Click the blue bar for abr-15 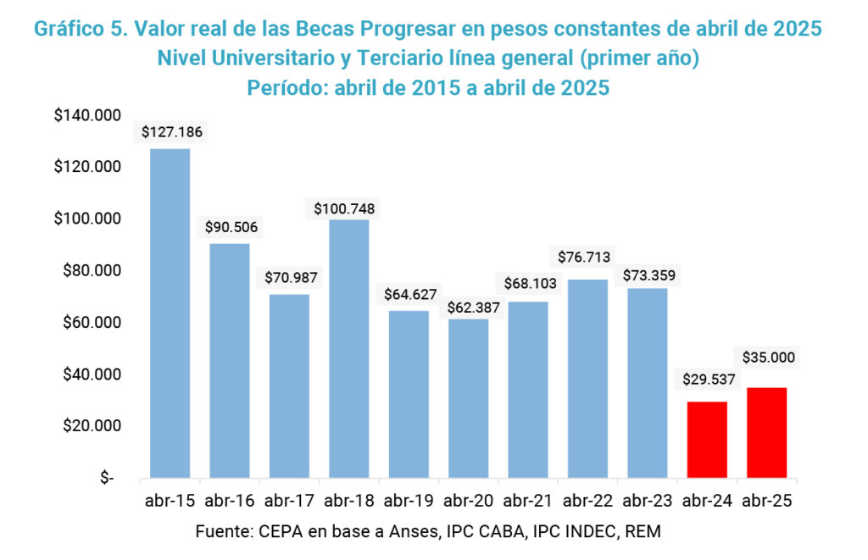point(170,313)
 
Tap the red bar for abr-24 point(706,440)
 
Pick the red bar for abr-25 point(766,433)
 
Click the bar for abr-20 point(468,398)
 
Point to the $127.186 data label point(172,132)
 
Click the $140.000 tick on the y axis point(87,115)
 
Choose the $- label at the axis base point(106,479)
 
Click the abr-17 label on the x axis point(289,501)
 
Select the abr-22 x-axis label point(587,501)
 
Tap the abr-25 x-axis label point(767,501)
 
